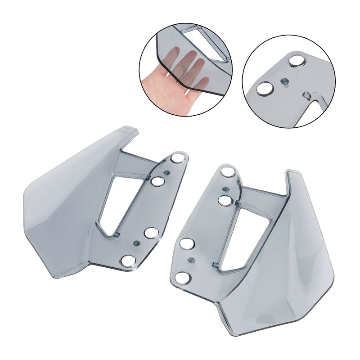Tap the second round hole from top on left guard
click(157, 181)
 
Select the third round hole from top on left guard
click(151, 233)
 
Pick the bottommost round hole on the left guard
click(129, 261)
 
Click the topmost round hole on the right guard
click(228, 171)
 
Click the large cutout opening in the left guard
click(118, 202)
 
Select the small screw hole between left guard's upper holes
click(166, 172)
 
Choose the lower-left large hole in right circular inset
click(264, 89)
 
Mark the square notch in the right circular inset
click(306, 96)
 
